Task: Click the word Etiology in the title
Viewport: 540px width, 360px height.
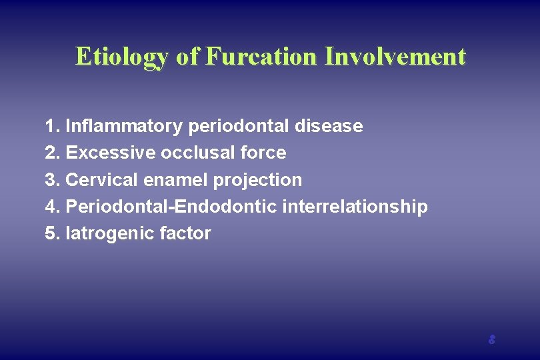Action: [123, 57]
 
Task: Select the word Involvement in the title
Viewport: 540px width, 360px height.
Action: [395, 56]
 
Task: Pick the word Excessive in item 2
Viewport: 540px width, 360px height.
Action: [111, 153]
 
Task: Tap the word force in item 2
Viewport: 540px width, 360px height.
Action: [264, 153]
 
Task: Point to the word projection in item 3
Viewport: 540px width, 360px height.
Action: [257, 181]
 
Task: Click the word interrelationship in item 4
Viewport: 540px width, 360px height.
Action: [355, 207]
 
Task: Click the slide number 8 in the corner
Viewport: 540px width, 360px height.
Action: [491, 339]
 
